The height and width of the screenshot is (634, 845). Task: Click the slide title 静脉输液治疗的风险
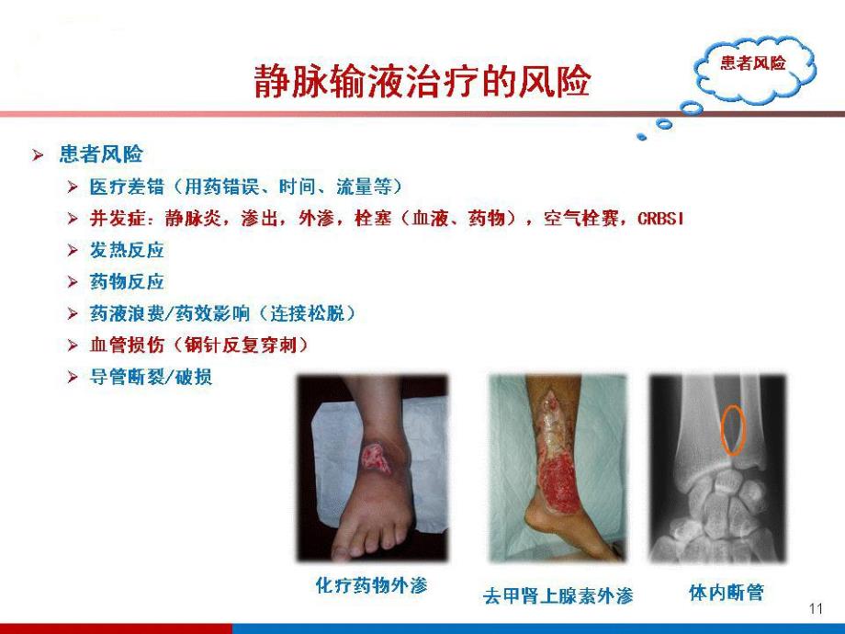[422, 83]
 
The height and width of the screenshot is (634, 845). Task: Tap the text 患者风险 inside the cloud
[753, 63]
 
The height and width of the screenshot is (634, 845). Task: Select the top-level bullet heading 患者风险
[101, 153]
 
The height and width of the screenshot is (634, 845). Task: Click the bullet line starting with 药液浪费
[221, 313]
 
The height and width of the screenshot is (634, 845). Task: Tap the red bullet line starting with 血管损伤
[197, 345]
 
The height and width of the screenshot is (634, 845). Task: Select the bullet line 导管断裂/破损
[151, 377]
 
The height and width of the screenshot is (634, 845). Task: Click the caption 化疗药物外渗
[371, 585]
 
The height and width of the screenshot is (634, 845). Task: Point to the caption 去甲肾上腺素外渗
[558, 595]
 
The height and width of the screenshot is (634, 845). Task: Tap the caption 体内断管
[726, 592]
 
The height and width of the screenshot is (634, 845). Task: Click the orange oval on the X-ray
[733, 429]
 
